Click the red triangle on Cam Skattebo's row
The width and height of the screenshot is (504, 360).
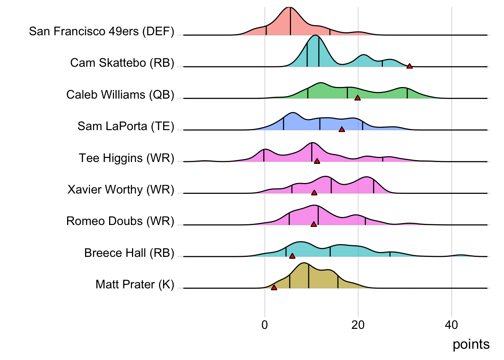point(409,66)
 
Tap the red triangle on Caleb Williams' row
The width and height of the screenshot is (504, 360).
point(357,98)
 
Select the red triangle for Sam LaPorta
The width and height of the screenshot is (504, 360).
point(342,129)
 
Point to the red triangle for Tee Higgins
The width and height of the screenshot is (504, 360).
point(317,161)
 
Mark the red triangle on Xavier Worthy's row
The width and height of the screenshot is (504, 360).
point(314,193)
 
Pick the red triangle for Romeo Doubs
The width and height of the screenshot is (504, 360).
point(313,224)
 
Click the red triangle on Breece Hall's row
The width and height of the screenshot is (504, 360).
point(292,256)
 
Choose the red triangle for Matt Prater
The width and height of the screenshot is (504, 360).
point(274,288)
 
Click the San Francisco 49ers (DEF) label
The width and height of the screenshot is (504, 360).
point(102,31)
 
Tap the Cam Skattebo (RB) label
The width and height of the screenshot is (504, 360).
point(122,63)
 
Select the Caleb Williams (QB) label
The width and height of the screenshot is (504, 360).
point(120,94)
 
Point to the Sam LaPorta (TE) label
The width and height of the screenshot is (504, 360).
point(126,126)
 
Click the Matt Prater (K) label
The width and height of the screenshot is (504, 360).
point(135,284)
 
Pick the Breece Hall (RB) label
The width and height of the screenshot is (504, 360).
point(129,253)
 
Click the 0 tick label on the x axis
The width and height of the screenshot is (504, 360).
point(265,325)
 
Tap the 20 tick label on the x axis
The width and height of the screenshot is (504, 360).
point(358,325)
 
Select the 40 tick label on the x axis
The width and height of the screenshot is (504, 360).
point(451,325)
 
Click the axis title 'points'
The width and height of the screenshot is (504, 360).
point(471,344)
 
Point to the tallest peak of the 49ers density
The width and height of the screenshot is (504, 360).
point(289,8)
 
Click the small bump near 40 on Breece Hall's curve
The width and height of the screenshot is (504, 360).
point(461,255)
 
